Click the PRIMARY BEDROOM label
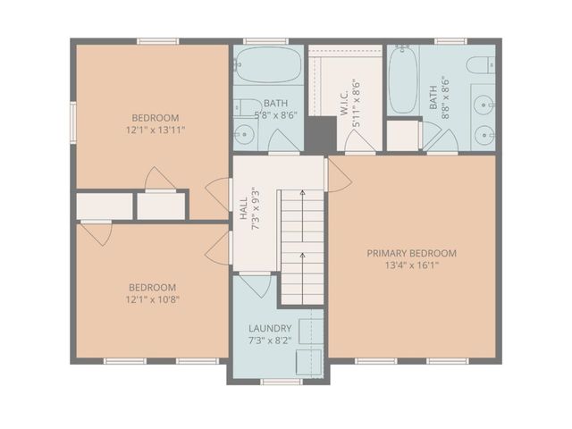[x=412, y=253]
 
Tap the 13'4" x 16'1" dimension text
[x=412, y=265]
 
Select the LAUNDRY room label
[x=269, y=329]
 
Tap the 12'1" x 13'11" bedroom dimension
[x=156, y=130]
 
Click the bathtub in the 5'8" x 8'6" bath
[x=268, y=64]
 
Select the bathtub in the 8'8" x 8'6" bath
[x=402, y=80]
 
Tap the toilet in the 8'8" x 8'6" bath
[x=481, y=64]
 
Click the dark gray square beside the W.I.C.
[x=319, y=135]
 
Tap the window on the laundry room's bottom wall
[x=281, y=382]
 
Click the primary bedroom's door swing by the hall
[x=338, y=175]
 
